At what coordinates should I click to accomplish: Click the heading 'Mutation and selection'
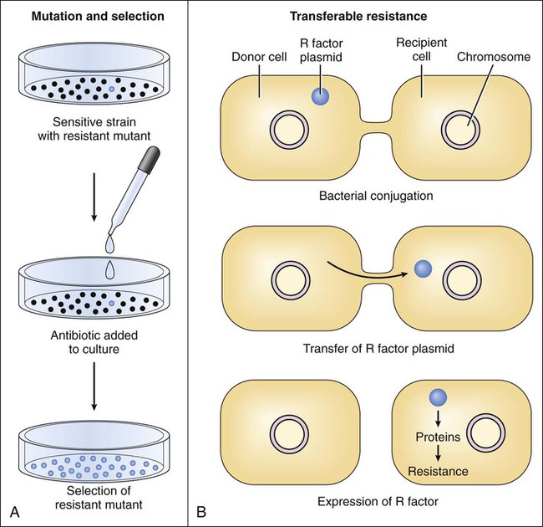(x=94, y=17)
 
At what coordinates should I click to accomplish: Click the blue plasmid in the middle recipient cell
(x=424, y=269)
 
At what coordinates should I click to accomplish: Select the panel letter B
(x=200, y=509)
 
